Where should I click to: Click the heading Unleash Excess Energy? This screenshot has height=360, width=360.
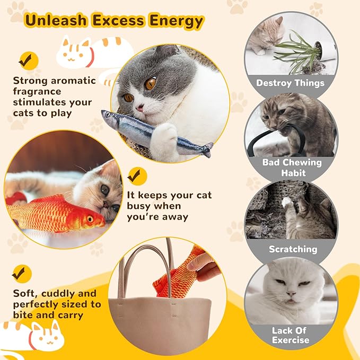click(113, 21)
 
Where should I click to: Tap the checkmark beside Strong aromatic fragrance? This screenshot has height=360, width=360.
click(25, 59)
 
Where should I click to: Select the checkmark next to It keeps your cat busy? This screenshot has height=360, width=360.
click(137, 175)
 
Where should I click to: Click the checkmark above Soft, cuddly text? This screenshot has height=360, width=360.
click(21, 274)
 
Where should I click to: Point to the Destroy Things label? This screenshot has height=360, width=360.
click(290, 83)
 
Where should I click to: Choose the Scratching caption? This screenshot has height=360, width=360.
click(293, 249)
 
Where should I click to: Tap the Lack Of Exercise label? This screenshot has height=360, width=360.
click(290, 335)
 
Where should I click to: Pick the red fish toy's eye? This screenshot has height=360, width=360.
click(90, 218)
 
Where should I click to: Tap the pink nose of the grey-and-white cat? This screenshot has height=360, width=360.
click(140, 107)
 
